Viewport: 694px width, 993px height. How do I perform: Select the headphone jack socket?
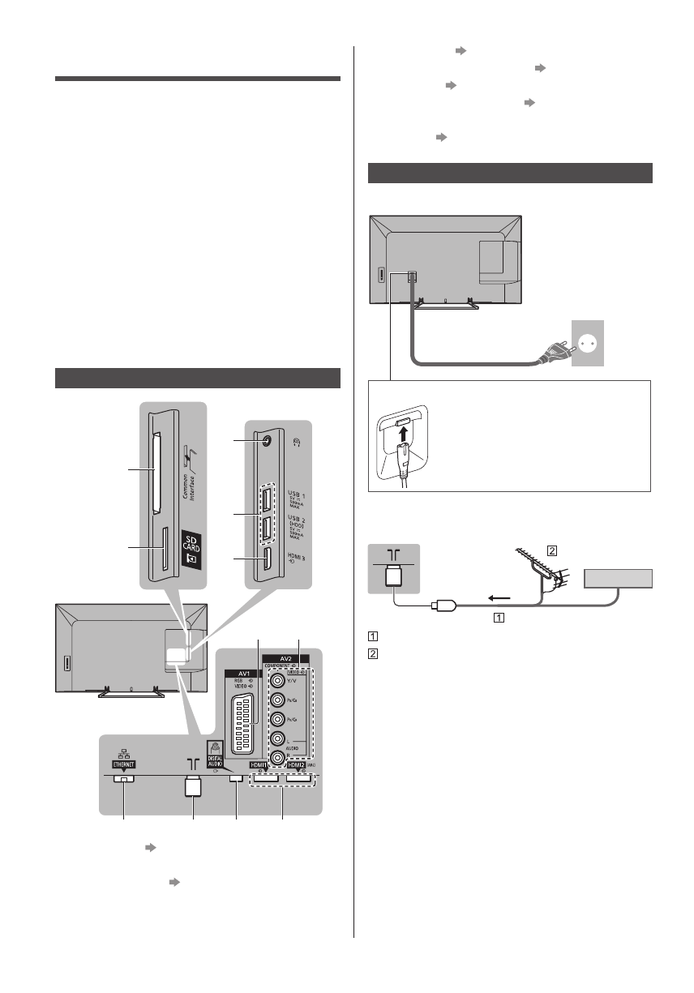tap(268, 442)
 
